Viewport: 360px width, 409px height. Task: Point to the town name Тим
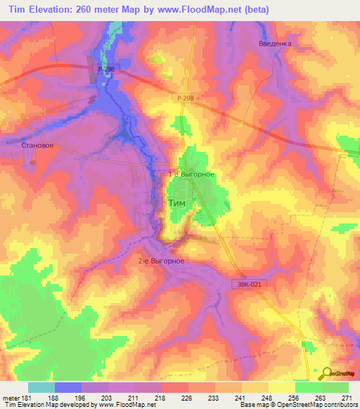click(x=178, y=203)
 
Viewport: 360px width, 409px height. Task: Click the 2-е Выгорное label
click(x=161, y=261)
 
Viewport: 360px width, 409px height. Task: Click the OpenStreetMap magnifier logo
click(x=326, y=373)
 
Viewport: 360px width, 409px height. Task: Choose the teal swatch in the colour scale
click(x=41, y=387)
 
